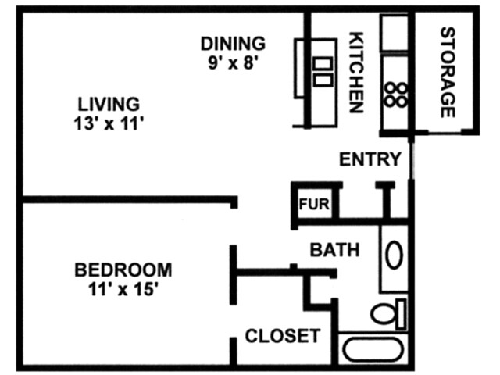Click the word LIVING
[x=109, y=103]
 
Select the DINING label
[x=233, y=44]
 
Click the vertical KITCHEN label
[x=356, y=73]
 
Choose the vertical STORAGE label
[x=448, y=73]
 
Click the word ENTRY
[x=370, y=159]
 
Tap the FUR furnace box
[x=315, y=206]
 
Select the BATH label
[x=335, y=250]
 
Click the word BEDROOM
[x=123, y=270]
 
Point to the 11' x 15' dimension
[x=123, y=289]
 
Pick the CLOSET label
[x=283, y=337]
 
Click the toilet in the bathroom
[x=385, y=314]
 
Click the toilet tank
[x=402, y=312]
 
